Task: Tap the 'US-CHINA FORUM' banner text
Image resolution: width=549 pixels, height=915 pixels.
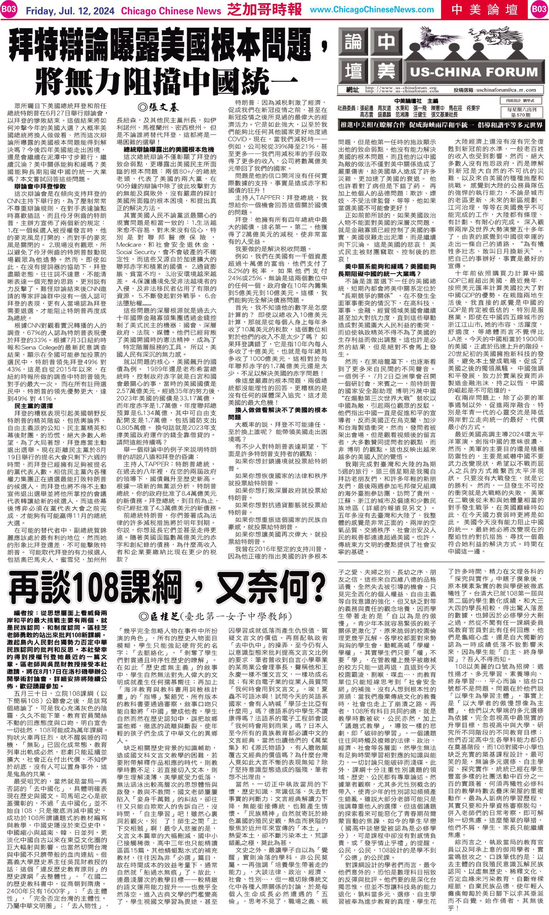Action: [474, 71]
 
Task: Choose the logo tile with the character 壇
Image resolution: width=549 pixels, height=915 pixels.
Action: [353, 71]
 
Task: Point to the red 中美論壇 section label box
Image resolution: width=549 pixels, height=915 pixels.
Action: [486, 10]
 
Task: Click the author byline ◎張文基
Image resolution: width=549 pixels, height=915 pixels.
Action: [158, 108]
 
